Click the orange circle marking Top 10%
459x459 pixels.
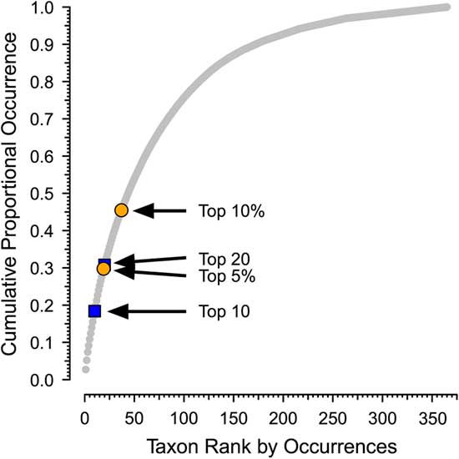[x=121, y=210]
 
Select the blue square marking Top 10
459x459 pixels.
[x=94, y=311]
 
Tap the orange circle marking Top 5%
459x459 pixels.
[x=103, y=269]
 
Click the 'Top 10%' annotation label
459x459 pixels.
[x=231, y=211]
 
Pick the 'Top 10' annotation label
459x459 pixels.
[x=224, y=311]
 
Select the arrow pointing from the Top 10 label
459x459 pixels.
[x=147, y=311]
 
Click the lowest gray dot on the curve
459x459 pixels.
[x=86, y=369]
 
